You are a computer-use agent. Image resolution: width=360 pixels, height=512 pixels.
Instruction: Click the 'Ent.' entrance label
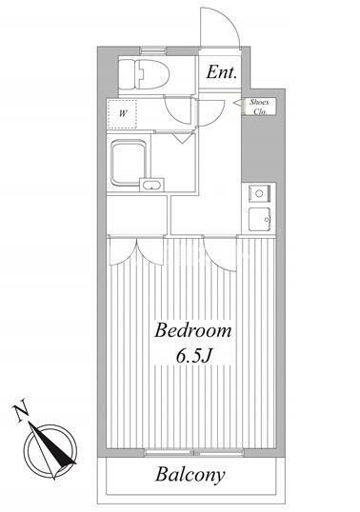(221, 72)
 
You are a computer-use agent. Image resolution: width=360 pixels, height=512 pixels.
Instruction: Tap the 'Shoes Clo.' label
(259, 107)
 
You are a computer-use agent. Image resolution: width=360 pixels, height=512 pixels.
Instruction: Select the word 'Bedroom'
(193, 330)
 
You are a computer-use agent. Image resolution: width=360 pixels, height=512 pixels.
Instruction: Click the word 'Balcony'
(190, 475)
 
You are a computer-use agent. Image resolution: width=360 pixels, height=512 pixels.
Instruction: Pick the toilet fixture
(144, 74)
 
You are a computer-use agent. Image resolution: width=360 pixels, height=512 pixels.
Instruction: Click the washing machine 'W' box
(122, 114)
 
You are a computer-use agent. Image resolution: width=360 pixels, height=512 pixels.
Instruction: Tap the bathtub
(129, 163)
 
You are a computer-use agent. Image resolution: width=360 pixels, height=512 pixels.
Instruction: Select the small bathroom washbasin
(151, 186)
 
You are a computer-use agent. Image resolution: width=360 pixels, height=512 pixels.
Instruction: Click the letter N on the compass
(21, 412)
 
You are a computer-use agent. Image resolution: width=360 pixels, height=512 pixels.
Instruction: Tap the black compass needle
(52, 443)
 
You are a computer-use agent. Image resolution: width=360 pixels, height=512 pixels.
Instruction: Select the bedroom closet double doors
(136, 250)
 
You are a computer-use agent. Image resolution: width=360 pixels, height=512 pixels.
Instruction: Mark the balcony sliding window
(194, 453)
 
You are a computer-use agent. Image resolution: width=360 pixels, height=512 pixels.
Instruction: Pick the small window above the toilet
(153, 50)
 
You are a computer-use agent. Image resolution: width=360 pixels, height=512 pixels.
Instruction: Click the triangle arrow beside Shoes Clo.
(237, 103)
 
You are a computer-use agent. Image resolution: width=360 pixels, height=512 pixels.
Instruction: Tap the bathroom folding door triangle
(182, 138)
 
